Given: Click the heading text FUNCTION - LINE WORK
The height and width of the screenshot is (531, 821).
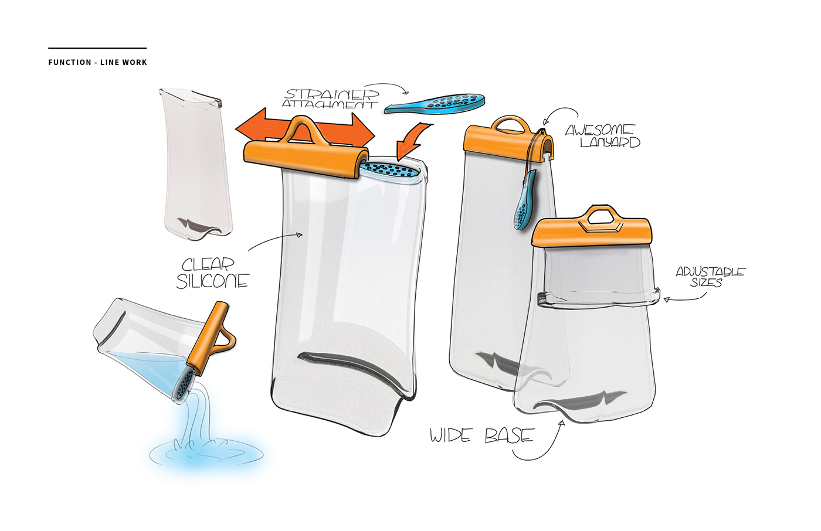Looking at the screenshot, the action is point(97,62).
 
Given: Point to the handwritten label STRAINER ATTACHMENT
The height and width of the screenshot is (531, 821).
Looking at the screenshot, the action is point(331,98).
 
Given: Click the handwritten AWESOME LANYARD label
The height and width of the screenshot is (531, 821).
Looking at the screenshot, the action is point(603,136).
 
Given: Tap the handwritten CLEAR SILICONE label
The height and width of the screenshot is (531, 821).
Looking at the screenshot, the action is point(212,273).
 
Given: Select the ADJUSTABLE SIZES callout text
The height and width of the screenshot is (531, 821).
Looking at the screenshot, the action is point(710,277).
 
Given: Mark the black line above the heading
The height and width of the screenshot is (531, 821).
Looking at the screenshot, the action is point(97,48).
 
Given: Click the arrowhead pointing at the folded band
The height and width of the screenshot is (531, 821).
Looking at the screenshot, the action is point(666,299).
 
